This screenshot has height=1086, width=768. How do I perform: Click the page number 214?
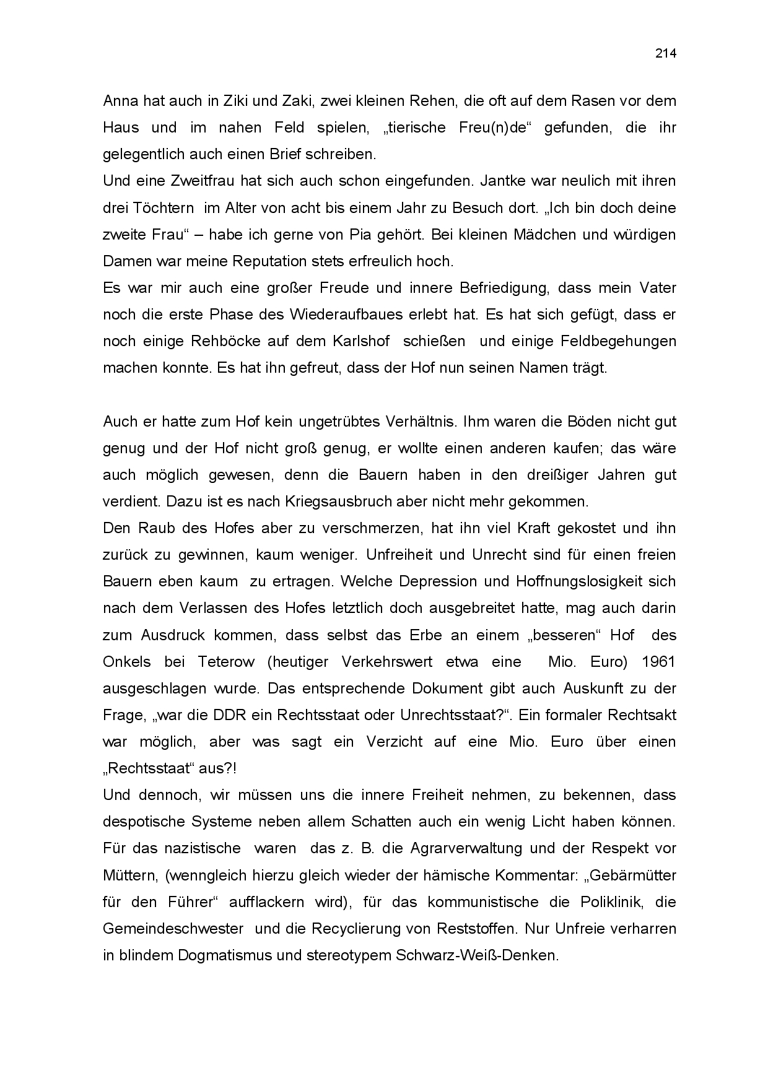click(x=666, y=53)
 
